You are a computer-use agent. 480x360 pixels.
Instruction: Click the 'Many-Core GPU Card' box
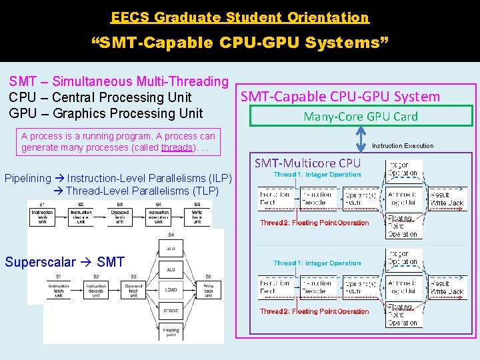(361, 116)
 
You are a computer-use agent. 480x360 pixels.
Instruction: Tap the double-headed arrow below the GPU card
(361, 139)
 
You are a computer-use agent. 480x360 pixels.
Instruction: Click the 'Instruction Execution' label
(403, 145)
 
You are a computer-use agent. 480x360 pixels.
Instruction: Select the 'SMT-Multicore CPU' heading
(307, 163)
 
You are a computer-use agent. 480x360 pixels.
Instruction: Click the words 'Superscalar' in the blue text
(37, 261)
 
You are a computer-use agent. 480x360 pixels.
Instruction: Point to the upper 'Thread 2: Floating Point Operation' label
(314, 223)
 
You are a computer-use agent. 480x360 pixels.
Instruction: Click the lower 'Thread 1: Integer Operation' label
(317, 263)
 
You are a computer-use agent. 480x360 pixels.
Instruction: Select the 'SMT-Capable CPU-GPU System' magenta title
(340, 96)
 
